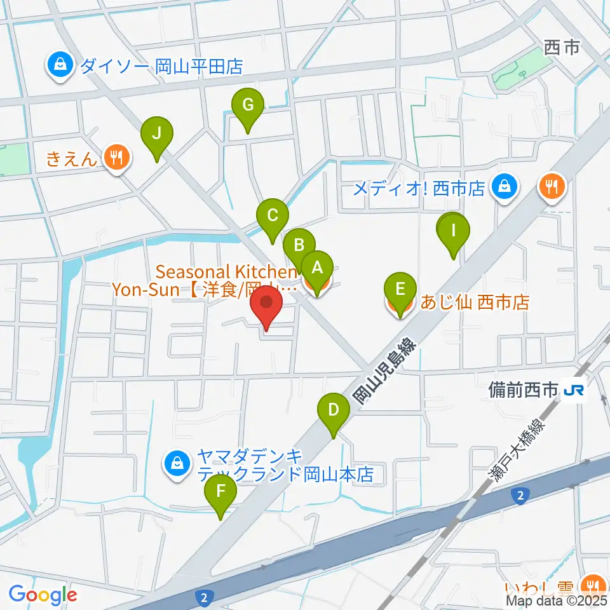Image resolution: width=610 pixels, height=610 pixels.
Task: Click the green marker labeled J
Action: coord(156,133)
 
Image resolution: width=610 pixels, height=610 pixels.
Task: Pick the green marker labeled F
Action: coord(220,491)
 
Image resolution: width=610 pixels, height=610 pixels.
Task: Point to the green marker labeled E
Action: coord(400,290)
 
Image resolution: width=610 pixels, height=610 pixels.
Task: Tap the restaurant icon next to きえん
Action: coord(116,157)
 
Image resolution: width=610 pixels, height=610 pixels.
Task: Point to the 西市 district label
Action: coord(562,48)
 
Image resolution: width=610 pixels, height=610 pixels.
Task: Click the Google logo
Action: coord(42,595)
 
